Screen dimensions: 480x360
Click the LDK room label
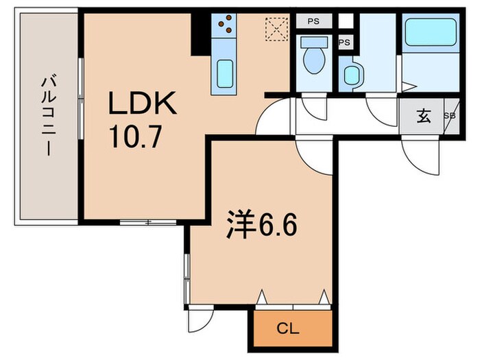click(x=143, y=103)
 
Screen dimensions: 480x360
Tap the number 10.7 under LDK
click(x=135, y=137)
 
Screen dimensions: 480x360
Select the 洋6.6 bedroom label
click(x=262, y=224)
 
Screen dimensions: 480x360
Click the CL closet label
click(x=287, y=328)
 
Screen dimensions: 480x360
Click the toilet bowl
click(x=314, y=55)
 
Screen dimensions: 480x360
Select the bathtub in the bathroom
click(x=431, y=32)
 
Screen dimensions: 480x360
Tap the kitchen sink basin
click(x=226, y=73)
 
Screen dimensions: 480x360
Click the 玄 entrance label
click(x=424, y=116)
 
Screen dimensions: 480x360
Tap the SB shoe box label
click(x=450, y=116)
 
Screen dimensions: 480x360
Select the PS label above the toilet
click(x=313, y=21)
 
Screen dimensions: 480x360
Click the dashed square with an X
click(x=277, y=29)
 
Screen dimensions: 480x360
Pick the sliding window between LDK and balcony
click(x=81, y=99)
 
